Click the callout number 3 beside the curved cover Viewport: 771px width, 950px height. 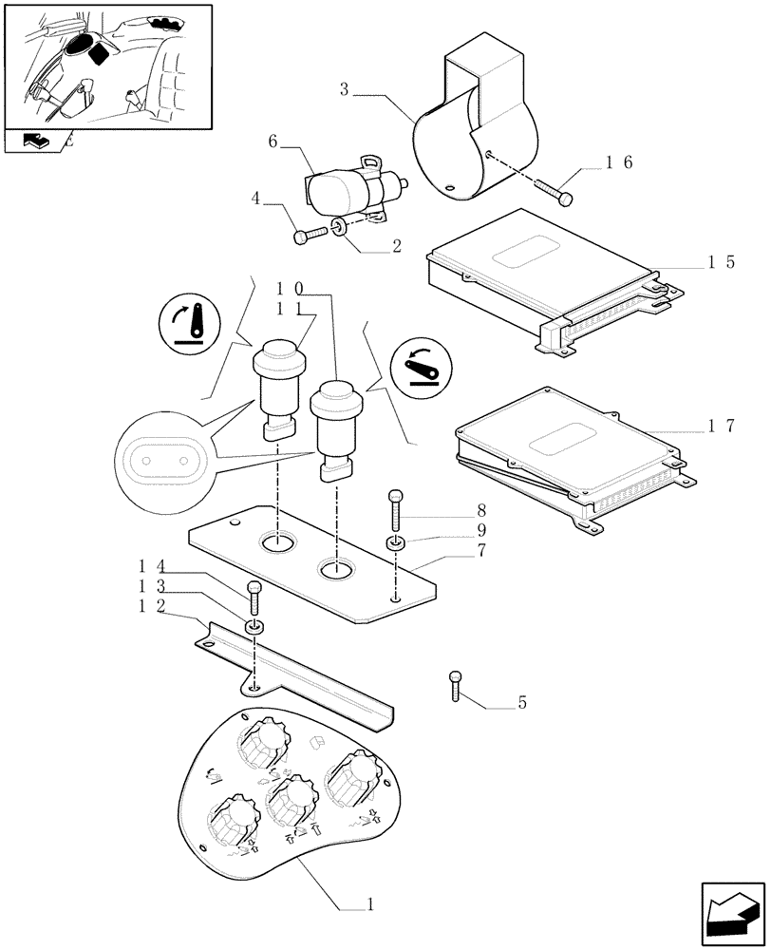click(345, 91)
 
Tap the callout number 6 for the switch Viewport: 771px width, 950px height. click(273, 142)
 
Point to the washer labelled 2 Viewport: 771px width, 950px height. click(340, 226)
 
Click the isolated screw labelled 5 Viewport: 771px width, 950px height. click(456, 684)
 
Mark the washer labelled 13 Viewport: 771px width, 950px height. click(254, 626)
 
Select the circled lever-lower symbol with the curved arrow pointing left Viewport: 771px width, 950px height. click(421, 363)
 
